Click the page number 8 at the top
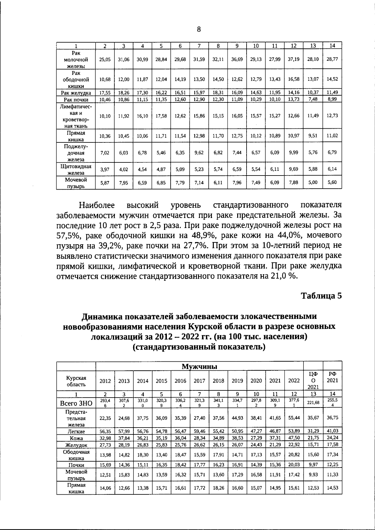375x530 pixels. (x=199, y=30)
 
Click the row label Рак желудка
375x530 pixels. (x=76, y=93)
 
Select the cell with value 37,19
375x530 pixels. (x=294, y=59)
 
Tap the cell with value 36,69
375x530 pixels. (x=237, y=59)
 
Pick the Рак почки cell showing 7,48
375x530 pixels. (x=313, y=99)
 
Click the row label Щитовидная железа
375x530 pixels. (x=76, y=169)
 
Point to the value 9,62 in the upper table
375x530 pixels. (x=199, y=153)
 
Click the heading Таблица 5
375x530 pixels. (x=321, y=295)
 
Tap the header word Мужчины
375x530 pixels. (x=199, y=366)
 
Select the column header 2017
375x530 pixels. (x=199, y=381)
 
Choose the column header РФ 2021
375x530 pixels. (x=332, y=377)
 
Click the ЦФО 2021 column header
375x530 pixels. (x=313, y=380)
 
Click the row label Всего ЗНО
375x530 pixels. (x=76, y=403)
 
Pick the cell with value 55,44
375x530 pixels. (x=294, y=418)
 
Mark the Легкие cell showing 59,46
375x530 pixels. (x=199, y=431)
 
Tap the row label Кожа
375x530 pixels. (x=76, y=438)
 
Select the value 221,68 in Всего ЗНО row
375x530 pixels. (x=313, y=403)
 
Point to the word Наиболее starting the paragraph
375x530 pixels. (x=97, y=206)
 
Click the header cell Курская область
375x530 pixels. (x=76, y=381)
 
